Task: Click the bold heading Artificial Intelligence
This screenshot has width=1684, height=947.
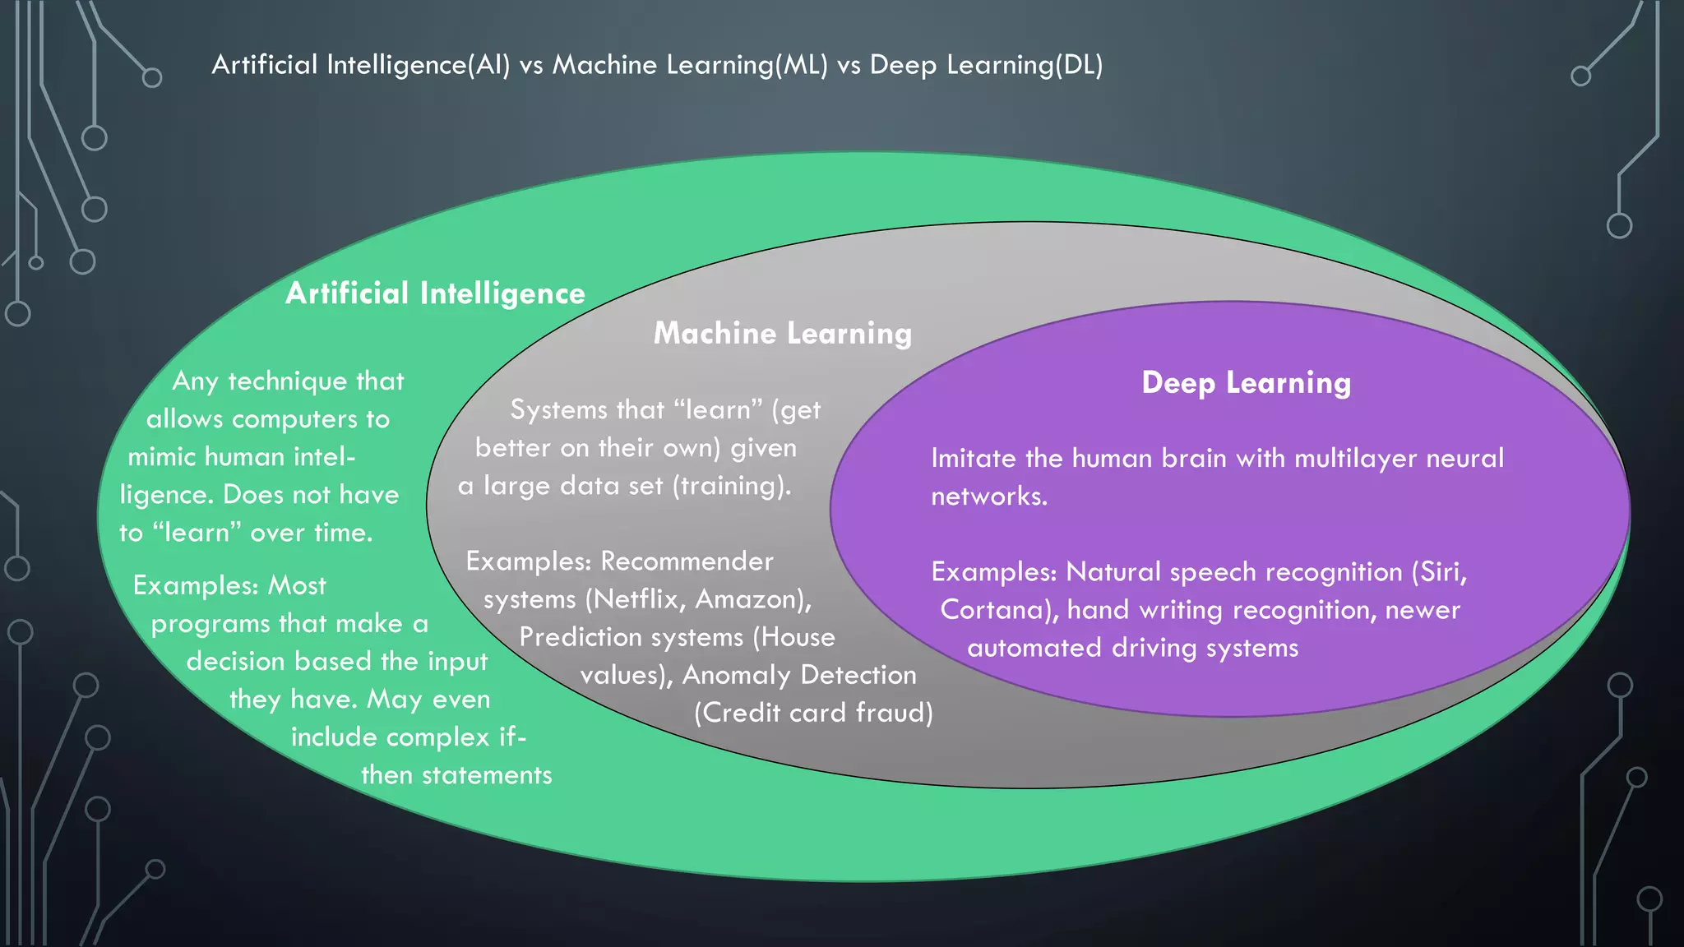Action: [435, 293]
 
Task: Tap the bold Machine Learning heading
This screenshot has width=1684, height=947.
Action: [783, 333]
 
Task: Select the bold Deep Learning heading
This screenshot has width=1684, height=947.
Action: [1246, 382]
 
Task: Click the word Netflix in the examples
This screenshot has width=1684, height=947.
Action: [640, 599]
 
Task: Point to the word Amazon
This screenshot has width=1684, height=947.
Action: [750, 599]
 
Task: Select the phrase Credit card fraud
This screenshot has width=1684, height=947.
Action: [813, 713]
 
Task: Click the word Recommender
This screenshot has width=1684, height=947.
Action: [687, 561]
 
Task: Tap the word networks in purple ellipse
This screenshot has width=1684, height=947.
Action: [988, 497]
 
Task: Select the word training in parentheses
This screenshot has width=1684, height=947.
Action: [731, 486]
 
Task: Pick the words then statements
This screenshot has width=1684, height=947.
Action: [456, 775]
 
